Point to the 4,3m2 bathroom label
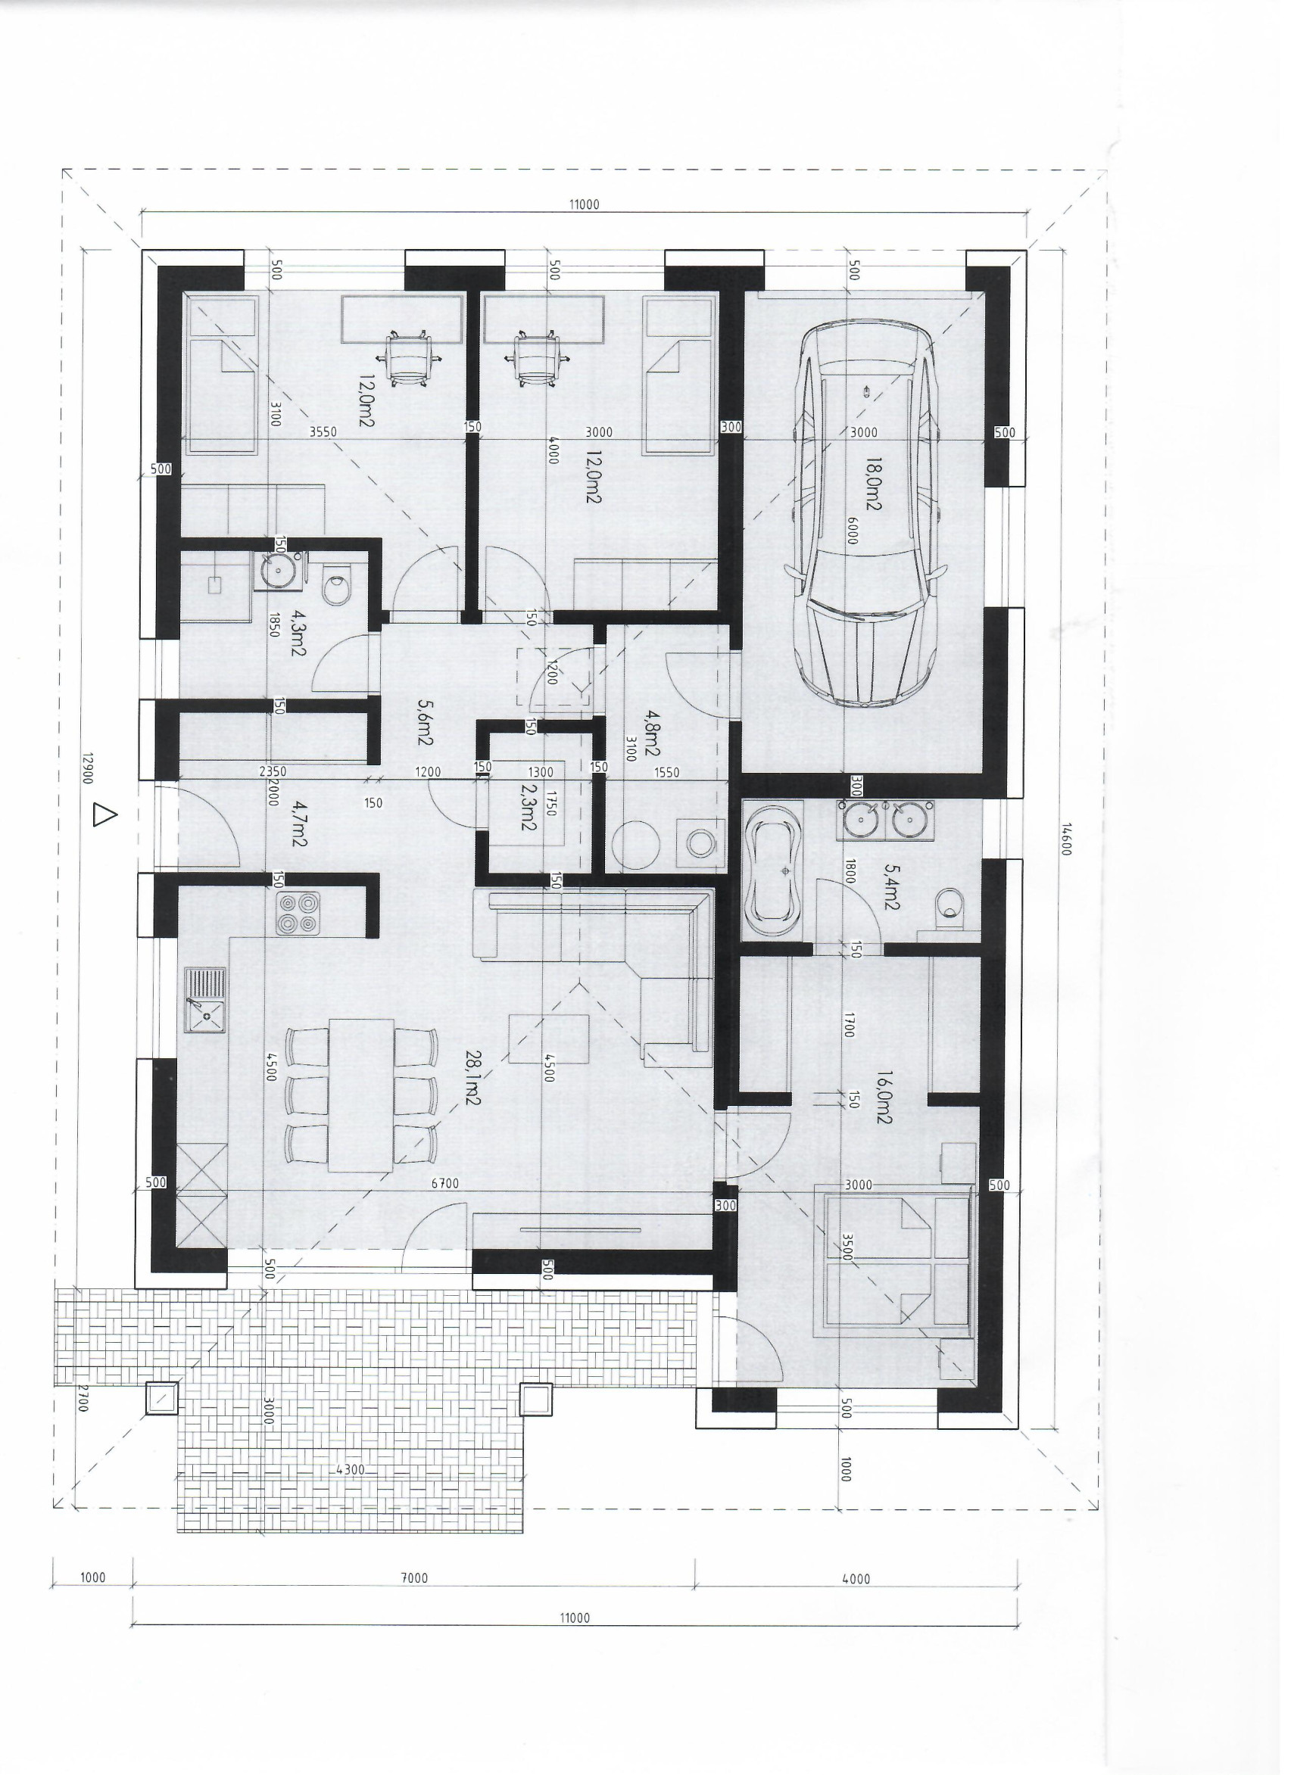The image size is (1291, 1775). (298, 631)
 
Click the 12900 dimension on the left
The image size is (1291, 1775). (88, 770)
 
